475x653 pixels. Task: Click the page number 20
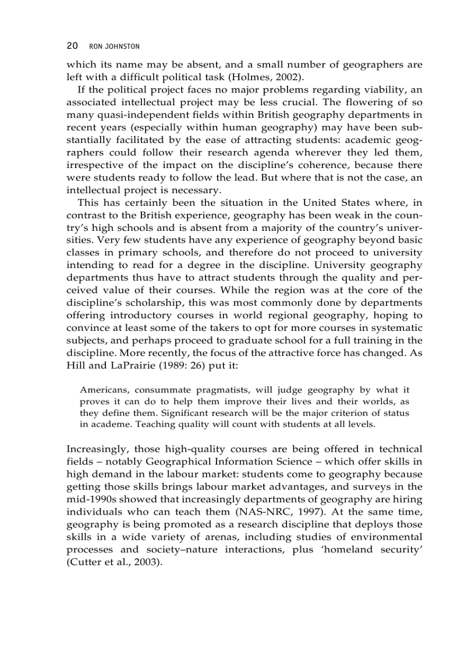point(72,45)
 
